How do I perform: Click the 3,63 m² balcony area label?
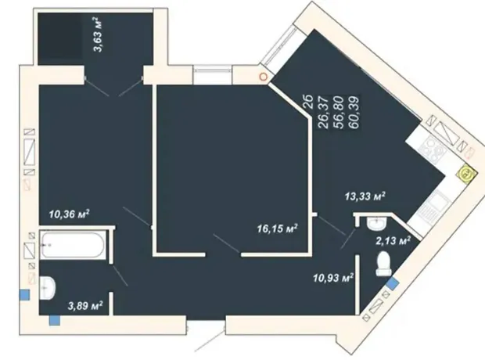pyautogui.click(x=98, y=34)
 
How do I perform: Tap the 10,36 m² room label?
pyautogui.click(x=70, y=214)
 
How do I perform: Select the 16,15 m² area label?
pyautogui.click(x=277, y=229)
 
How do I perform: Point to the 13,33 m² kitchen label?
pyautogui.click(x=365, y=196)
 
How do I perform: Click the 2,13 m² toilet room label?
pyautogui.click(x=393, y=240)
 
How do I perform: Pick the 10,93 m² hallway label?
pyautogui.click(x=333, y=278)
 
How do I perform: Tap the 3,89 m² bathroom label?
pyautogui.click(x=85, y=306)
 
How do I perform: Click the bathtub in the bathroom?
pyautogui.click(x=73, y=245)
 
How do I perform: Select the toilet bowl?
pyautogui.click(x=383, y=264)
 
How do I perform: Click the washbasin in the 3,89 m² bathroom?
pyautogui.click(x=47, y=288)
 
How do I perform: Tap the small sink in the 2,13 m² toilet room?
pyautogui.click(x=375, y=223)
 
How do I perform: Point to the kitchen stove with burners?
pyautogui.click(x=433, y=149)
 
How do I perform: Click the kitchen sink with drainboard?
pyautogui.click(x=428, y=205)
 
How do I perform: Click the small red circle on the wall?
pyautogui.click(x=263, y=76)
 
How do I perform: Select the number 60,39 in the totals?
pyautogui.click(x=353, y=113)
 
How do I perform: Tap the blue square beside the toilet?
pyautogui.click(x=393, y=283)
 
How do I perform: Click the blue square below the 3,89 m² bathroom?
pyautogui.click(x=55, y=320)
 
